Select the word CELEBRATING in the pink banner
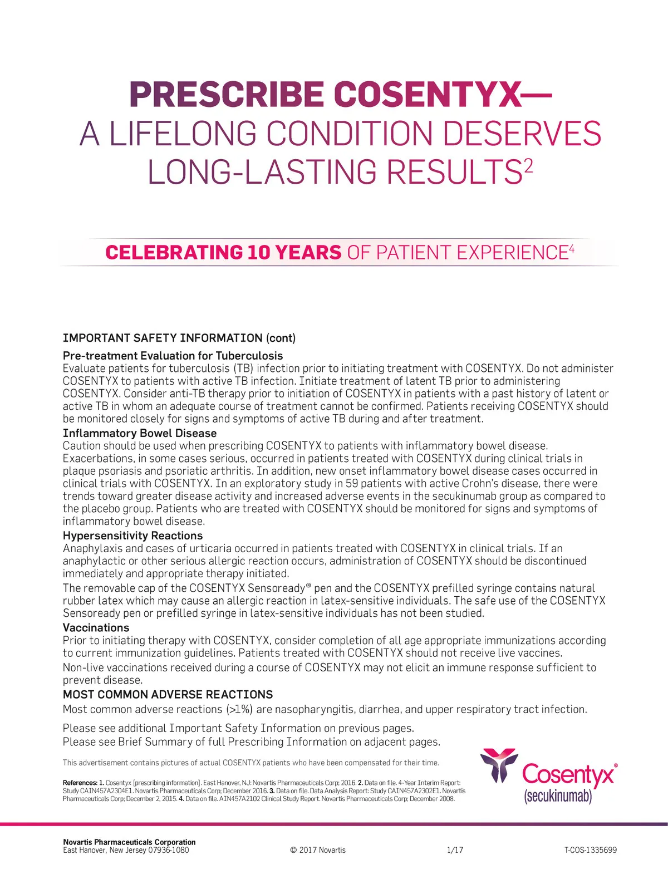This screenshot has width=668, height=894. [x=173, y=253]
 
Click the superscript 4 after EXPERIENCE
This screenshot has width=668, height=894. [x=571, y=248]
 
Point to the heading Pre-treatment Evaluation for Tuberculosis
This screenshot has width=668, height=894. [x=173, y=356]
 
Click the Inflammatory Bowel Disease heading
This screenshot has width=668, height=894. [x=140, y=433]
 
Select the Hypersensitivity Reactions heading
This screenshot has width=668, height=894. [x=132, y=536]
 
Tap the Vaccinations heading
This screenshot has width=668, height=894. [x=96, y=628]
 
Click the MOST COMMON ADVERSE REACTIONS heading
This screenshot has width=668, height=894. [x=168, y=695]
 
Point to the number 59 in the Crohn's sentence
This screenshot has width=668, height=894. [x=352, y=484]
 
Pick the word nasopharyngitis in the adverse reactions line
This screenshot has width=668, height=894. [x=313, y=710]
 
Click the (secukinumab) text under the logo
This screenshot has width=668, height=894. [x=558, y=797]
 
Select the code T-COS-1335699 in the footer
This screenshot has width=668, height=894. [x=590, y=850]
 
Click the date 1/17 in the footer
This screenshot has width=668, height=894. [x=455, y=850]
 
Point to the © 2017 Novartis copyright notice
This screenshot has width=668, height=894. [x=318, y=850]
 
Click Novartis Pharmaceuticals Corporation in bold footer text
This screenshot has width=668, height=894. [x=129, y=842]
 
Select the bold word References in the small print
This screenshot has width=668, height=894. [x=79, y=783]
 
